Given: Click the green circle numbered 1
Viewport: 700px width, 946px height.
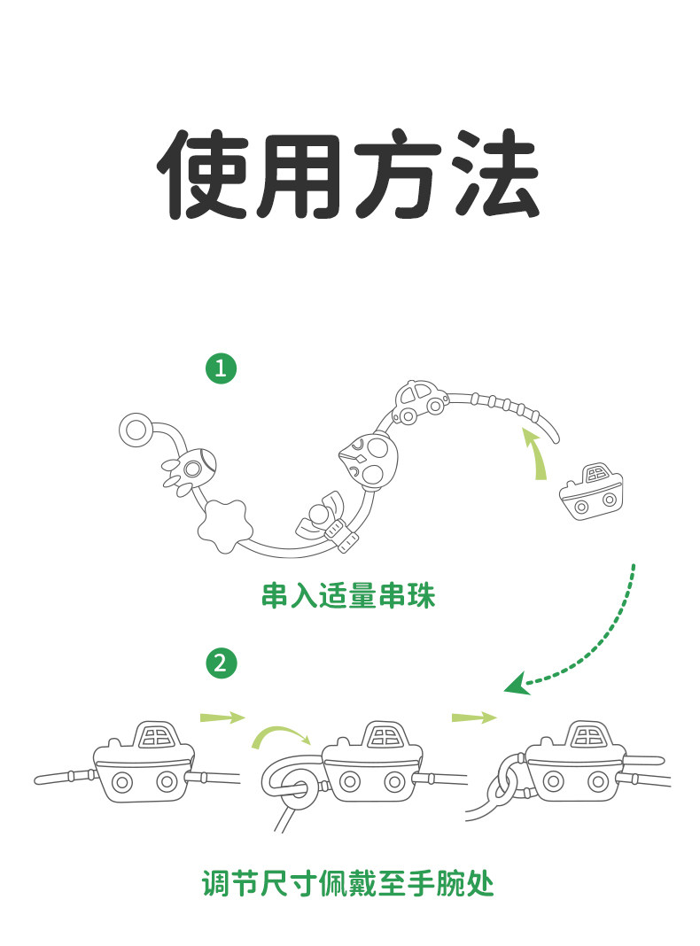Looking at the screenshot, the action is point(221,368).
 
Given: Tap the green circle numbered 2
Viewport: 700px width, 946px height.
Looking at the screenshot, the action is point(221,663).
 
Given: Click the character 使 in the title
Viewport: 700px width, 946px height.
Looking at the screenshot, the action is point(202,174).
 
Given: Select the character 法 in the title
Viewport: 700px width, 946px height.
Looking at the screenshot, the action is point(494,174).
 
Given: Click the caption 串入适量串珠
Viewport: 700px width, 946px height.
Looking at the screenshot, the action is point(348,595).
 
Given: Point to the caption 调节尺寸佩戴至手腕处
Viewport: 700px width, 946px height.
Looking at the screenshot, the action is point(348,884).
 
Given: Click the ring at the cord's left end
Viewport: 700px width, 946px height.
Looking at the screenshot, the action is point(136,430).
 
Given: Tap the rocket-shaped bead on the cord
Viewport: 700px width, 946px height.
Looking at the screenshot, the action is point(188,469).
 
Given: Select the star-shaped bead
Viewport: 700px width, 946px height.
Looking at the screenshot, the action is point(225,524).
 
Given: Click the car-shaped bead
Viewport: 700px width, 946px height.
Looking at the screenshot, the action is point(421,400).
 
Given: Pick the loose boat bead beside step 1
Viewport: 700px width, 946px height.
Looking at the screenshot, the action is point(591,492).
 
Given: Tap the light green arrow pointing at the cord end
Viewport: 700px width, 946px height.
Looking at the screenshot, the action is point(536,455).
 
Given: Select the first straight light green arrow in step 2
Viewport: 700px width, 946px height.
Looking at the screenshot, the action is point(222,717).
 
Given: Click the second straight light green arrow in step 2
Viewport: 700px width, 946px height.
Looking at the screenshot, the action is point(474,717).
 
